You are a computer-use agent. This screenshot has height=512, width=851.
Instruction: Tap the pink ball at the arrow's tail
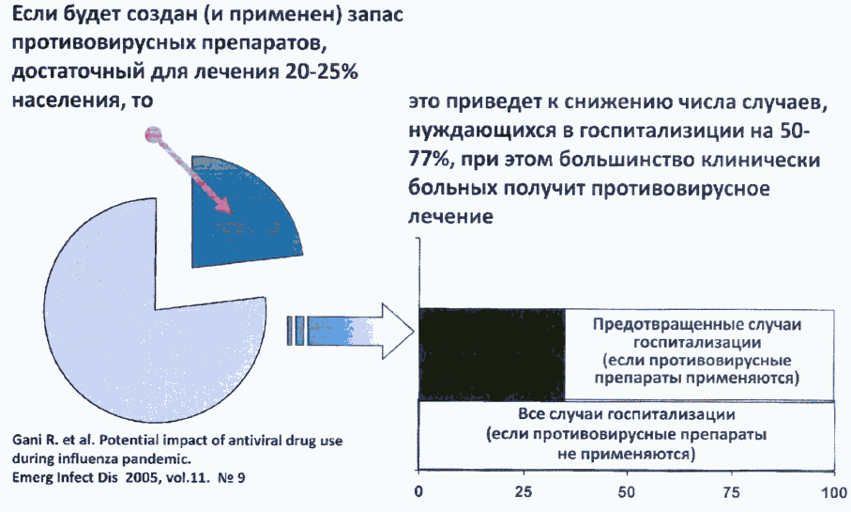(154, 134)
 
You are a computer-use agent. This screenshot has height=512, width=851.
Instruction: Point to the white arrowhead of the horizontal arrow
(399, 331)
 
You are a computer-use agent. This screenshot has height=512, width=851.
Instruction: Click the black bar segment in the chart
(492, 354)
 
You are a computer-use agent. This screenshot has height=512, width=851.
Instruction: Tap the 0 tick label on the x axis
(418, 492)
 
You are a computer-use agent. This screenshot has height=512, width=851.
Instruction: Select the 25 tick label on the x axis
(524, 492)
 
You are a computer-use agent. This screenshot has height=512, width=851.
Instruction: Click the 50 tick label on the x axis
(627, 492)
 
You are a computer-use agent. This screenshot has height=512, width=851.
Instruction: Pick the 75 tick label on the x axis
(731, 492)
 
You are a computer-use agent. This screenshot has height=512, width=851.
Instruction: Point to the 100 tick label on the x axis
(833, 492)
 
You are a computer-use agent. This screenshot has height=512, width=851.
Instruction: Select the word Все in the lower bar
(531, 414)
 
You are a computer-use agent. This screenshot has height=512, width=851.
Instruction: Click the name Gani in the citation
(23, 440)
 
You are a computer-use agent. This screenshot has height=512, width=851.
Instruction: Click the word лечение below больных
(450, 216)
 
